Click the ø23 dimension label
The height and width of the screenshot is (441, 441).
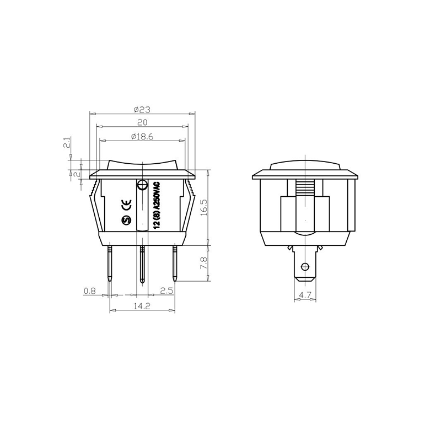(142, 109)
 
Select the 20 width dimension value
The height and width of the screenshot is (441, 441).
(142, 122)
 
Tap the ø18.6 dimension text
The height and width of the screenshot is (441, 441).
(142, 136)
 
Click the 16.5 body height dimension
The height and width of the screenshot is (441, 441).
(204, 208)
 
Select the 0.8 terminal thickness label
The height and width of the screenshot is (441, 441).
(90, 291)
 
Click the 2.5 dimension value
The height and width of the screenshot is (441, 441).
(166, 291)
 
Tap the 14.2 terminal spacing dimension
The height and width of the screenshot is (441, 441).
(142, 306)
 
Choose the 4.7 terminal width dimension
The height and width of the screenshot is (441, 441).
(305, 295)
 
